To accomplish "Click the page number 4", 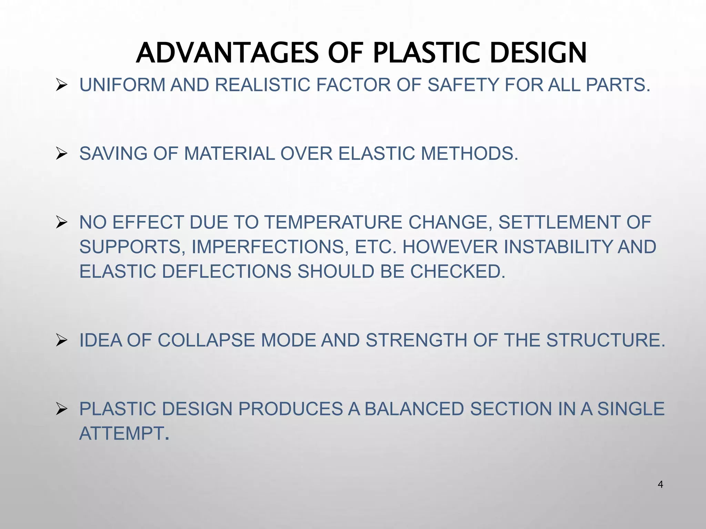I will [x=660, y=485].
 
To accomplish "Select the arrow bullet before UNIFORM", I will [x=61, y=85].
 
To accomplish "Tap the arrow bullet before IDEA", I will [x=61, y=340].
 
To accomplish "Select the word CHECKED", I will [x=457, y=271].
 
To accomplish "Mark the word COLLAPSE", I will [x=207, y=340].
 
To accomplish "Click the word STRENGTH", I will [x=416, y=340].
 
